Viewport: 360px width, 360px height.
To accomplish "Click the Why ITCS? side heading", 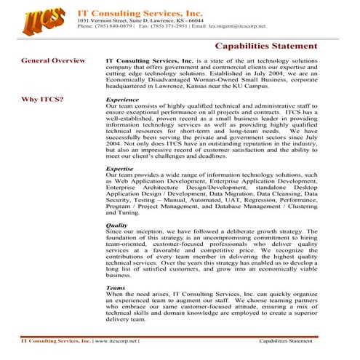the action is pos(42,98).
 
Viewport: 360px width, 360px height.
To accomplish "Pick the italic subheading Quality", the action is pos(117,225).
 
